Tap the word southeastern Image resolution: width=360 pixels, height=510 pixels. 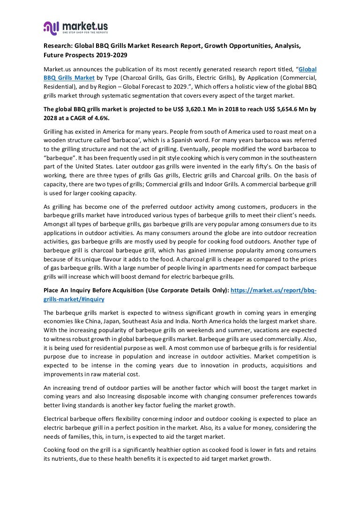coord(297,158)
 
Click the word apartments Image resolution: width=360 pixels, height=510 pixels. coord(182,268)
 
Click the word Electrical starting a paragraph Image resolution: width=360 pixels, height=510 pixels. coord(58,419)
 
